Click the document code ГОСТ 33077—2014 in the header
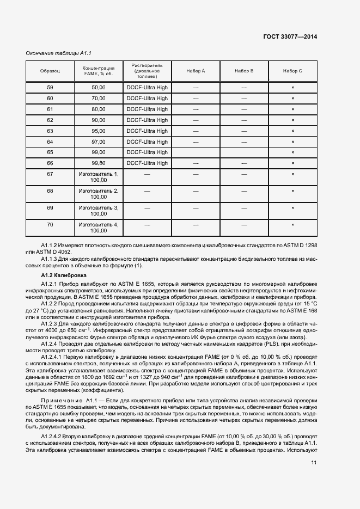(290, 36)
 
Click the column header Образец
(50, 71)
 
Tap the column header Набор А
(196, 71)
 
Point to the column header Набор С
(292, 71)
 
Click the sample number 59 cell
(50, 88)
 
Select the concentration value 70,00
(99, 99)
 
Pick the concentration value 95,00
(99, 131)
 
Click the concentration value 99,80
(99, 163)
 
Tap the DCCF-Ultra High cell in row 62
(147, 120)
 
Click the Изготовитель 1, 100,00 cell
(99, 177)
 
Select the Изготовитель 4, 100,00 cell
(99, 228)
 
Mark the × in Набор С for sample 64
(292, 142)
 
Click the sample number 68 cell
(50, 191)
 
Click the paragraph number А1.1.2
(52, 246)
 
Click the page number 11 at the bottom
(314, 463)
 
